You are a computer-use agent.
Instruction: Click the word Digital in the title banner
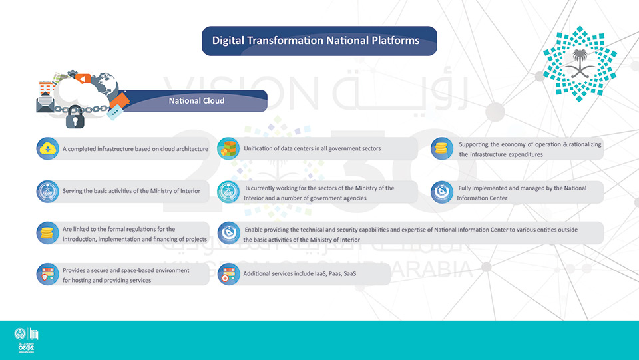228,41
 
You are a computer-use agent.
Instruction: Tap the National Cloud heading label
196,100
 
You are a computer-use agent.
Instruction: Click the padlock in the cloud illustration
75,117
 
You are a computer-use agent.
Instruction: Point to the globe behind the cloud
105,85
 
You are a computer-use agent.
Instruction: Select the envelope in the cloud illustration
45,103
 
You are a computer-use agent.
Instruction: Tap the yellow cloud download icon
48,148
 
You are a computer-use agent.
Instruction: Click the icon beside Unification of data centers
228,148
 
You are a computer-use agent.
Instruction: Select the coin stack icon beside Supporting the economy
442,148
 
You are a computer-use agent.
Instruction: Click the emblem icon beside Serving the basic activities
48,192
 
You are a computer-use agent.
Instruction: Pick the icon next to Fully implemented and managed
442,192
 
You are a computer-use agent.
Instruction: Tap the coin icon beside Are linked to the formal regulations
48,233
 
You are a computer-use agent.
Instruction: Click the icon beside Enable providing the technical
228,233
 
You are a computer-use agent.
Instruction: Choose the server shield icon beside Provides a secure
48,274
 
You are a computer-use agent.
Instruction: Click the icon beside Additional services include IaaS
228,274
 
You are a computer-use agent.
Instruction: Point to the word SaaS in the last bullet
349,273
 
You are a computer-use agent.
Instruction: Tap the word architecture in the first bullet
192,149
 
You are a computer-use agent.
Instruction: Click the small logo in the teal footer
26,340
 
